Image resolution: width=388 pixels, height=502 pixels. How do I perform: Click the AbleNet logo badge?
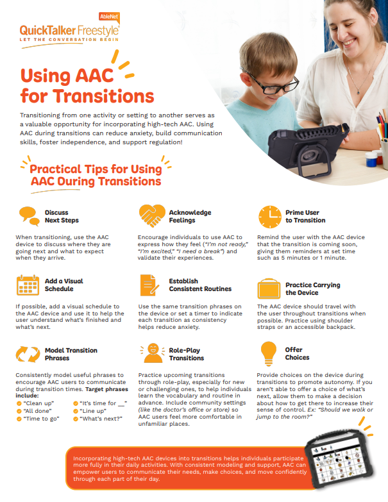pyautogui.click(x=109, y=17)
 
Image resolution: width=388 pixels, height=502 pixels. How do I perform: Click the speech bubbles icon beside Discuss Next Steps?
pyautogui.click(x=29, y=217)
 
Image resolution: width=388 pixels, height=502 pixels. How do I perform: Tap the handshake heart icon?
pyautogui.click(x=152, y=216)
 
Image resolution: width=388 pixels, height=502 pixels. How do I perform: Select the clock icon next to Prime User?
pyautogui.click(x=270, y=217)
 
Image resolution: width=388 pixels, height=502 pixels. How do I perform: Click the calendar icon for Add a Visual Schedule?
pyautogui.click(x=28, y=285)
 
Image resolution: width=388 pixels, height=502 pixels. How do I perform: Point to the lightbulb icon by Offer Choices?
pyautogui.click(x=269, y=353)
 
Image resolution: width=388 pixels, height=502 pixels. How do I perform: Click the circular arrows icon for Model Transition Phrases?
pyautogui.click(x=28, y=354)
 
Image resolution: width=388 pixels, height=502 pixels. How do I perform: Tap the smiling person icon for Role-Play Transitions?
pyautogui.click(x=153, y=353)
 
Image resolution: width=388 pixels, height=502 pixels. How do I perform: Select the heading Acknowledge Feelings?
pyautogui.click(x=190, y=217)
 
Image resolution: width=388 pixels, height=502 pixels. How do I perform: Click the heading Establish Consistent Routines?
pyautogui.click(x=200, y=285)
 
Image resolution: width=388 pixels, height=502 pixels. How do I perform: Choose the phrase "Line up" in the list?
pyautogui.click(x=93, y=411)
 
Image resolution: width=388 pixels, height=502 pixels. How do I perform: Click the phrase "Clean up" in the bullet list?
pyautogui.click(x=38, y=403)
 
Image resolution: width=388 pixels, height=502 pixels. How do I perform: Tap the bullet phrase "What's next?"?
pyautogui.click(x=101, y=419)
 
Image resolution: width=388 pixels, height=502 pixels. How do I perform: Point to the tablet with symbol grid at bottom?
pyautogui.click(x=339, y=460)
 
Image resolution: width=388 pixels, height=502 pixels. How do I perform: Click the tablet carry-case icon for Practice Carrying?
pyautogui.click(x=269, y=289)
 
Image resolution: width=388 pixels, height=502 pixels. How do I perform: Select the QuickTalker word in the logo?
pyautogui.click(x=47, y=31)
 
